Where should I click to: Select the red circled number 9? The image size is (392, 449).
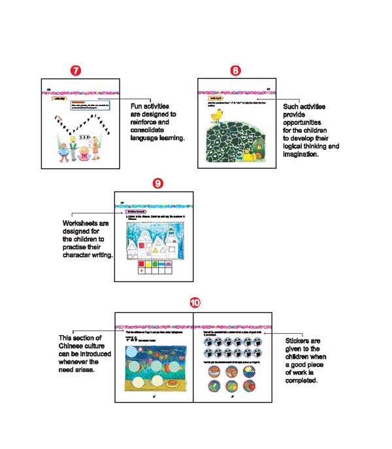pos(157,183)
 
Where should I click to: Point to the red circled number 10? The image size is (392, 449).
pos(195,303)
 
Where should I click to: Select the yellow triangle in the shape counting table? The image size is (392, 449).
pos(150,264)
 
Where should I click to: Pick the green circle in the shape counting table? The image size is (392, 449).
pos(158,264)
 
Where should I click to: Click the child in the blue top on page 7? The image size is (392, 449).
pos(64,149)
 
